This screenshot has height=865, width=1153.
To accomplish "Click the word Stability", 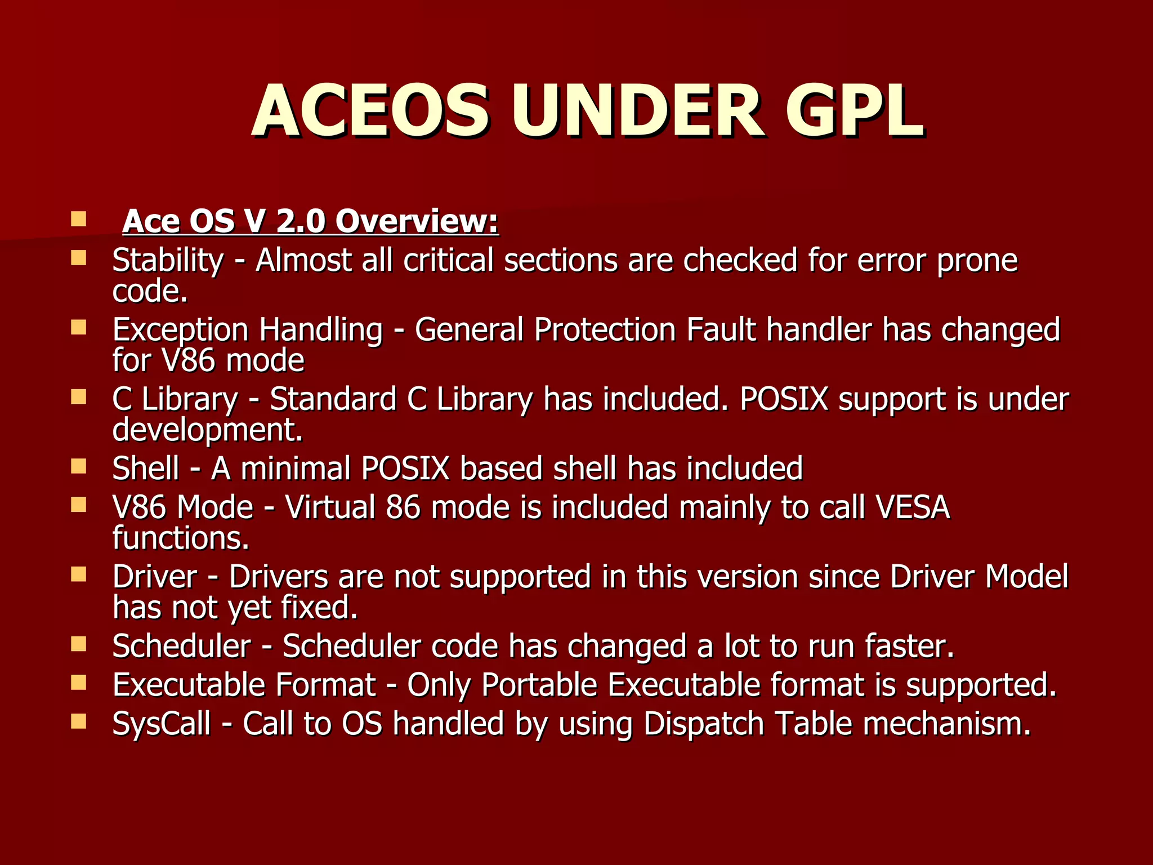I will point(168,261).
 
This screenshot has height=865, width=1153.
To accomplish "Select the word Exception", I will point(180,330).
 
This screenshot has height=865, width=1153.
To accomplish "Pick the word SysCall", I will point(162,724).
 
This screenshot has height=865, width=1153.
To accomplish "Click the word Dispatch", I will point(703,724).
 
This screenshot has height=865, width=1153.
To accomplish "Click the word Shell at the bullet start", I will point(146,469).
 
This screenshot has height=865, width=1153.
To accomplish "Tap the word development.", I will point(208,430).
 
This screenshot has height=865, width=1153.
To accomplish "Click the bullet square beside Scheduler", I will point(79,644).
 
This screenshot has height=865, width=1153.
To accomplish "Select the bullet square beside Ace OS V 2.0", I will point(79,219).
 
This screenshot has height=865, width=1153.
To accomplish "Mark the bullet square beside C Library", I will point(79,397).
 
